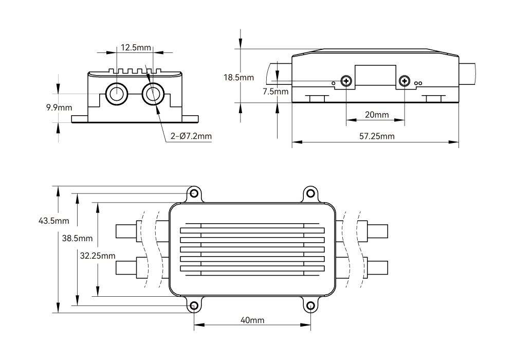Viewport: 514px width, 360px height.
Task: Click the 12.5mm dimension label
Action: pos(136,47)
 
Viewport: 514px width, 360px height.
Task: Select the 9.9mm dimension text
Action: pos(59,107)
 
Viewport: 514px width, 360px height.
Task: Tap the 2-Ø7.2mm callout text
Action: pos(191,136)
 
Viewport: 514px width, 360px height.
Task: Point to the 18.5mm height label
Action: pos(238,77)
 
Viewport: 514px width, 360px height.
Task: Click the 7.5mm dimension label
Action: pos(276,92)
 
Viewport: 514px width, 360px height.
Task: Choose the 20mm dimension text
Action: pos(377,115)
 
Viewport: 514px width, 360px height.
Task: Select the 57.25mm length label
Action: pos(377,136)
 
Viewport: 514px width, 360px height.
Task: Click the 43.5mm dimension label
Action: pos(54,221)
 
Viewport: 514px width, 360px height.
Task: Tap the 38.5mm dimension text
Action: pos(78,238)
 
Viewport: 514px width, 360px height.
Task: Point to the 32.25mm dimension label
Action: pos(98,256)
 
